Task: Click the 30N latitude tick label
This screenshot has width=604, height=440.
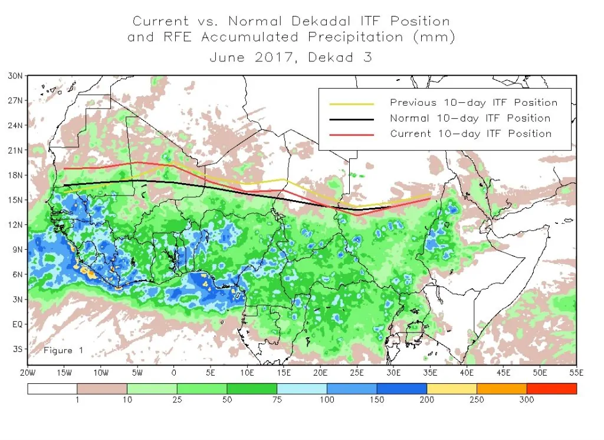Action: [16, 76]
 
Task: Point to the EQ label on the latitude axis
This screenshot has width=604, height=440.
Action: [17, 324]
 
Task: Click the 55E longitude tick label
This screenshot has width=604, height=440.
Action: [576, 373]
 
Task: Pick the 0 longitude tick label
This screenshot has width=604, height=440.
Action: [173, 373]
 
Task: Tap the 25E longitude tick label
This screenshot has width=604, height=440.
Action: [357, 373]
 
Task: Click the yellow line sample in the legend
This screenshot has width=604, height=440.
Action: [352, 103]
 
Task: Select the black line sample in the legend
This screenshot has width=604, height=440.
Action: [352, 118]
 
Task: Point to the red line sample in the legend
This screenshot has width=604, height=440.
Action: [352, 134]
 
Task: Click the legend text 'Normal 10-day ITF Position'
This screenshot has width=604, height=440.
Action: [470, 118]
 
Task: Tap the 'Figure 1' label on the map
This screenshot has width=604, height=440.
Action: [64, 350]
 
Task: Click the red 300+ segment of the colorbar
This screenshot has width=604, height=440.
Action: [551, 389]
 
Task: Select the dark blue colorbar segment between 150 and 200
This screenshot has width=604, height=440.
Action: [402, 389]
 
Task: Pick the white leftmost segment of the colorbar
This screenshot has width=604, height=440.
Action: [52, 389]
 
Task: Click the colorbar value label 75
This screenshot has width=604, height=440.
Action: [277, 400]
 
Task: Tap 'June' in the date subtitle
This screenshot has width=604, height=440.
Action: [228, 58]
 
